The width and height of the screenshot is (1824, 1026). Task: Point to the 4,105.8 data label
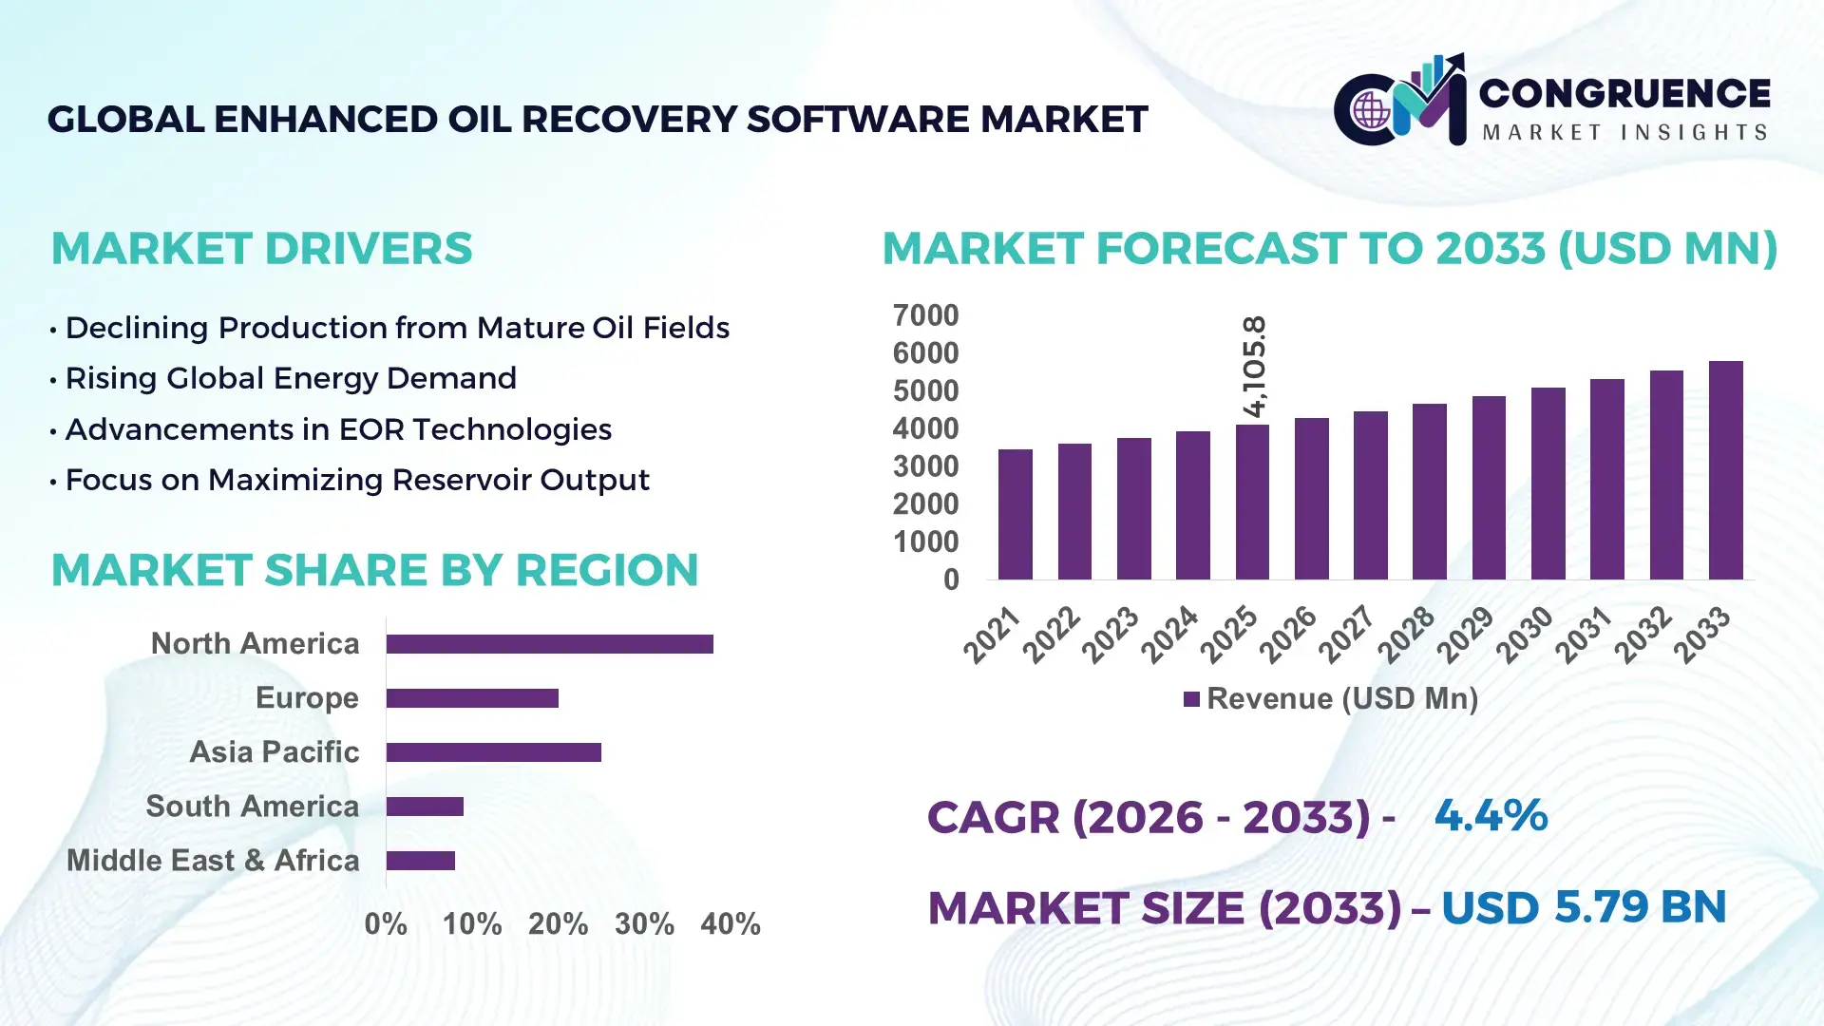[1254, 367]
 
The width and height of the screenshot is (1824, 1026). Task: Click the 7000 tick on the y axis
[925, 315]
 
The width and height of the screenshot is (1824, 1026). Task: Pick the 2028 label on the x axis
[1407, 634]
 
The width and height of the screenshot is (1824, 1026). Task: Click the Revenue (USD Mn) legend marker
[1191, 699]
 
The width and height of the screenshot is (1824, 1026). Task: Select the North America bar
[549, 644]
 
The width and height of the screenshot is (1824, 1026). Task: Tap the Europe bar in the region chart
[472, 698]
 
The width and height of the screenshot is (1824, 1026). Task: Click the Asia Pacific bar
[493, 752]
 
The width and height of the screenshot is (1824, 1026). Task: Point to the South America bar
[425, 807]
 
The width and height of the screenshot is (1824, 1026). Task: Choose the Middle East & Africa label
[213, 861]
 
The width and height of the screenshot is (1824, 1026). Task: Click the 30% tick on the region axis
[644, 923]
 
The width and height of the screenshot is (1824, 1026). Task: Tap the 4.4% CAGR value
[1491, 815]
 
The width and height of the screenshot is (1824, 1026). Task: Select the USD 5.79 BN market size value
[1583, 907]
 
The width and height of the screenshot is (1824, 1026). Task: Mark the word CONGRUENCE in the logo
[1624, 93]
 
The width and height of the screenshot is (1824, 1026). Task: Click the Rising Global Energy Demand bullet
[291, 378]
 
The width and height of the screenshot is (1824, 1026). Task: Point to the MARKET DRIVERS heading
[261, 249]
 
